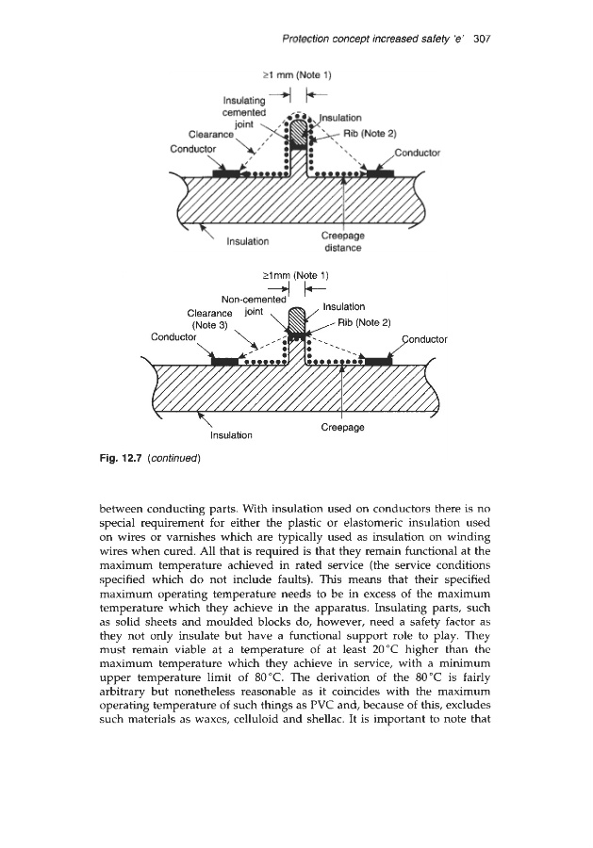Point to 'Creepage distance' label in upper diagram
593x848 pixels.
[x=351, y=242]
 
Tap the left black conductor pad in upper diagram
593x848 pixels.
[x=227, y=173]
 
